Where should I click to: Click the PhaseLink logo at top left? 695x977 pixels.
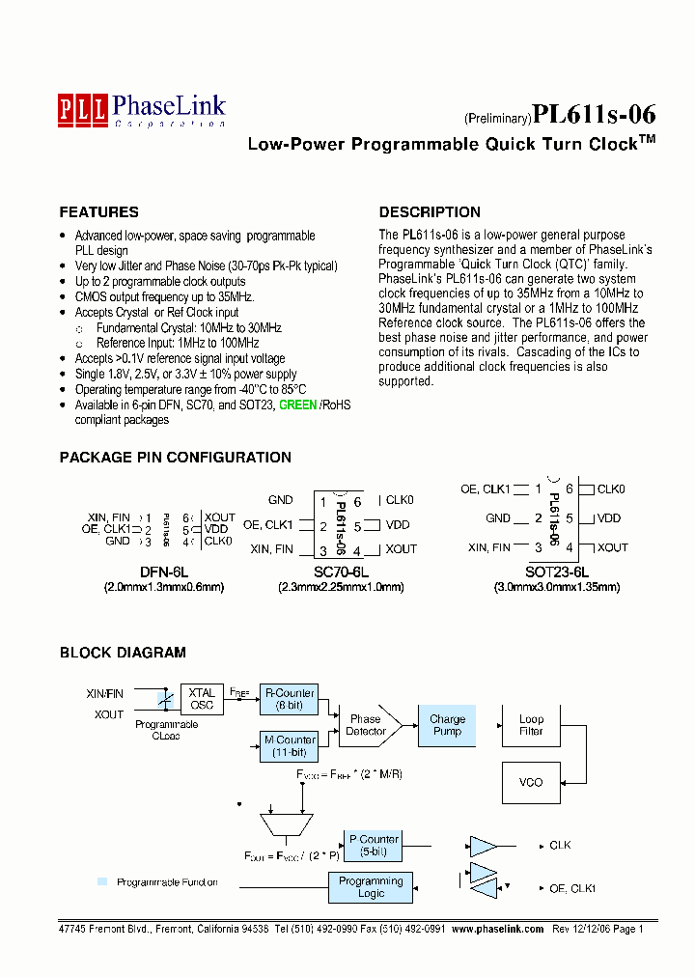tap(141, 109)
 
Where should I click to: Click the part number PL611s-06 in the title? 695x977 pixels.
tap(594, 115)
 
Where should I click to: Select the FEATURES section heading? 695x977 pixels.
tap(98, 212)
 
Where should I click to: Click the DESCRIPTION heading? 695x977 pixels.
tap(430, 212)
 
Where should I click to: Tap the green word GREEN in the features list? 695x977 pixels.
tap(297, 405)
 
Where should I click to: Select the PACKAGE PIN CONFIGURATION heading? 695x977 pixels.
tap(175, 458)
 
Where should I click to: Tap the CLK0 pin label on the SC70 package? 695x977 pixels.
tap(399, 500)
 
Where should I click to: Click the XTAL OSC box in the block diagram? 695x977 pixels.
tap(202, 699)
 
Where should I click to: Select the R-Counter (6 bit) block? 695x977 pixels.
tap(289, 699)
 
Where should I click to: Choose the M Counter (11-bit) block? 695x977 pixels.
tap(289, 746)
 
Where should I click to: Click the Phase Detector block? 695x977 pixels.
tap(366, 725)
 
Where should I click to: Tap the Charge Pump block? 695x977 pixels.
tap(447, 725)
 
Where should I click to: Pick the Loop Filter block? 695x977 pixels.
tap(531, 725)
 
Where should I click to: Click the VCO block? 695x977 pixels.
tap(531, 782)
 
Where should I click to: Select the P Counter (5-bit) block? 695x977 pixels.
tap(372, 846)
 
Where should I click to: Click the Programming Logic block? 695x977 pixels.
tap(371, 887)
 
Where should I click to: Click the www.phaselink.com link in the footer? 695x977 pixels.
tap(498, 929)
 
